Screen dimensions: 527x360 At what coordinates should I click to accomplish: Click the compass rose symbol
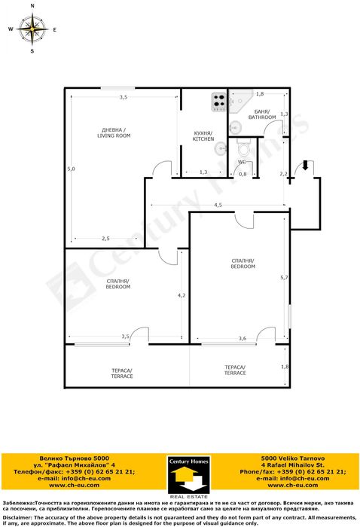pos(32,29)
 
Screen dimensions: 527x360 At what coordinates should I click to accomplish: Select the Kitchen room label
pos(203,136)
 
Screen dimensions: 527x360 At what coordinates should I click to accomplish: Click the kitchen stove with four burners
pos(219,101)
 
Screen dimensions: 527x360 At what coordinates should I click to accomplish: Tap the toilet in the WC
pos(243,146)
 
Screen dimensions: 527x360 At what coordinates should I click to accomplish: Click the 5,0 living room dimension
pos(71,169)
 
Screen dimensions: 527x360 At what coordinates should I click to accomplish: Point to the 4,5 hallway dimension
pos(218,205)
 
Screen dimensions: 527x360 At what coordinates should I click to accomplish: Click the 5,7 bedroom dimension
pos(284,279)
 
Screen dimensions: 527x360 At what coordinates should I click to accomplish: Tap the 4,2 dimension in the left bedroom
pos(182,296)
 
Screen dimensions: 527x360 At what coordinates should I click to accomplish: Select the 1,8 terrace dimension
pos(285,367)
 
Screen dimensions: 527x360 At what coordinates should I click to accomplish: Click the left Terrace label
pos(122,373)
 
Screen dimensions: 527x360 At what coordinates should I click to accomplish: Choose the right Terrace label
pos(235,370)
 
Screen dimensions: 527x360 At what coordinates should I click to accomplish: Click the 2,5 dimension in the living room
pos(107,239)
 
